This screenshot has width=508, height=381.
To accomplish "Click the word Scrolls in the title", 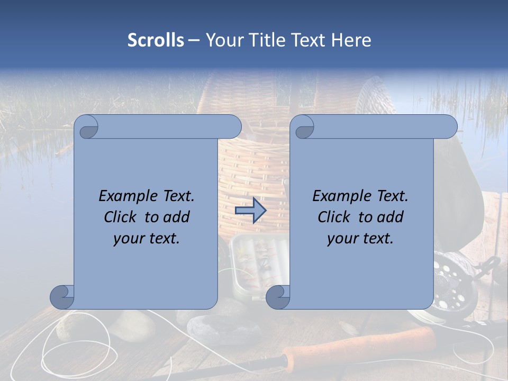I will [x=156, y=40].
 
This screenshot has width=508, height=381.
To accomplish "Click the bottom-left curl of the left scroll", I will [x=62, y=296].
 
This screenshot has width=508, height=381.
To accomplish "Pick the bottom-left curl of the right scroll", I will [x=278, y=296].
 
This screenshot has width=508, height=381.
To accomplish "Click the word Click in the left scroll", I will [x=121, y=217].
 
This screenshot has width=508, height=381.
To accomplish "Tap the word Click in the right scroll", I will [x=334, y=217].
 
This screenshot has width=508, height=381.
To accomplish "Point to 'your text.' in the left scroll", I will [x=146, y=239].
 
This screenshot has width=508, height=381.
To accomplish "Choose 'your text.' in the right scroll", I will [x=360, y=239].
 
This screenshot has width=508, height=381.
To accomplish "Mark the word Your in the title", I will [x=223, y=40].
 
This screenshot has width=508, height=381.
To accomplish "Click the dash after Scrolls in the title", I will [x=194, y=40].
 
